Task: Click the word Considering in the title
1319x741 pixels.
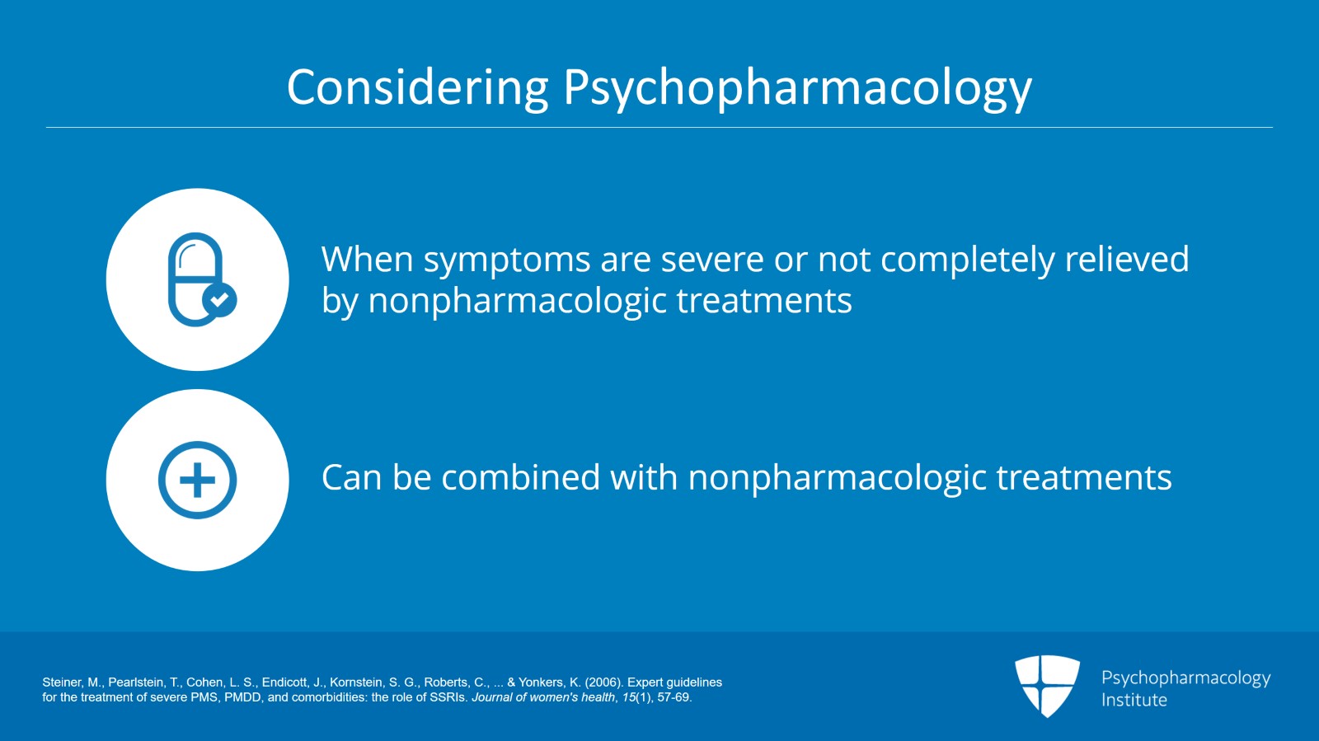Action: [x=417, y=87]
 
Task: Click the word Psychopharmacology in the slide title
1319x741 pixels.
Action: [x=798, y=88]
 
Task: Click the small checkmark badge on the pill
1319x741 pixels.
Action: [x=219, y=299]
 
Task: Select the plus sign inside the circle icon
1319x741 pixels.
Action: [x=197, y=480]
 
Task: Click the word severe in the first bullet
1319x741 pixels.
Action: [x=712, y=260]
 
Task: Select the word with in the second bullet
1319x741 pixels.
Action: [x=644, y=476]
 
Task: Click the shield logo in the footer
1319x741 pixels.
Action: [x=1047, y=686]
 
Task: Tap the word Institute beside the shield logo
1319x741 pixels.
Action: [x=1134, y=700]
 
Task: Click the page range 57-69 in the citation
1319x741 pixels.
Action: [x=674, y=697]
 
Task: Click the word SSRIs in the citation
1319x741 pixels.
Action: [x=452, y=697]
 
